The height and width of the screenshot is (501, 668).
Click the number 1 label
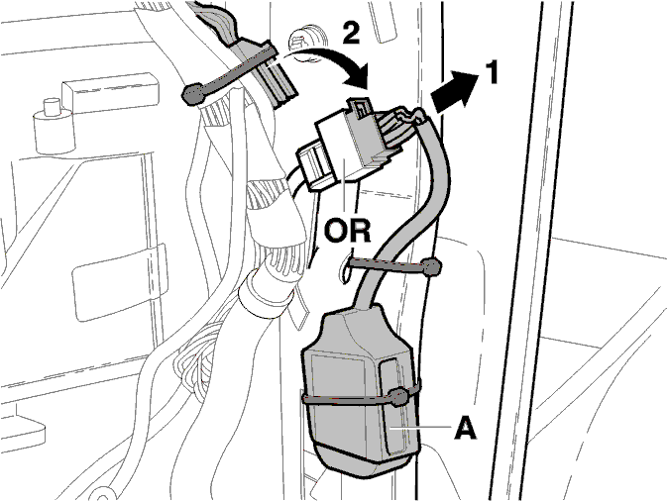pos(492,72)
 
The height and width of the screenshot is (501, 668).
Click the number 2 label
pos(351,33)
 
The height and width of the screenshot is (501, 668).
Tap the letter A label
pos(466,427)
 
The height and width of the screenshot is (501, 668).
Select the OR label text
pos(347,231)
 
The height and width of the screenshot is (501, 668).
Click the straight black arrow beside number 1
pos(455,92)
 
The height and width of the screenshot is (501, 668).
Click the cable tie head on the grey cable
pos(430,267)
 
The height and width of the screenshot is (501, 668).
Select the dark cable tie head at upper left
pos(194,94)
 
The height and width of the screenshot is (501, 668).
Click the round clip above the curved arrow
pos(306,45)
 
